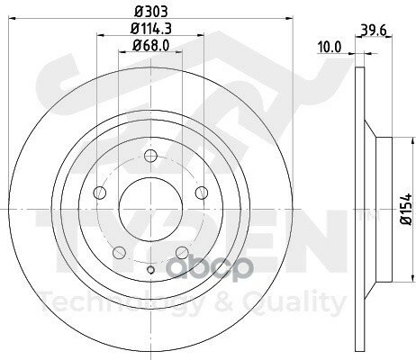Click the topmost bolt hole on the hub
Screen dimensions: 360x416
[x=148, y=164]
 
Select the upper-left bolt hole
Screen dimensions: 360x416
[x=100, y=193]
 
